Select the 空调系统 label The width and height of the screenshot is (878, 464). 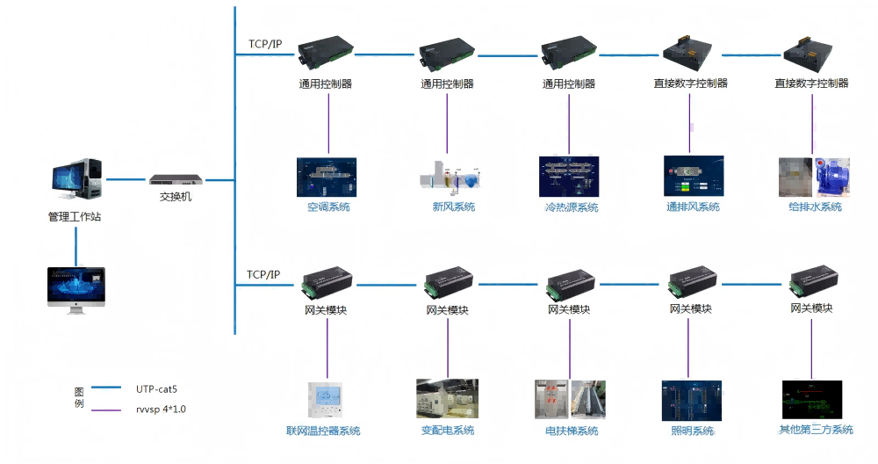tap(328, 207)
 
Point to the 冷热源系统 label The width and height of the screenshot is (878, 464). tap(571, 207)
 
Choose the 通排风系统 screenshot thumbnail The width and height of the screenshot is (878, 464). tap(693, 177)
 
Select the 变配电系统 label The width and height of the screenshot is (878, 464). tap(448, 431)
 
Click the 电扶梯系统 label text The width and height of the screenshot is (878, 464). tap(572, 431)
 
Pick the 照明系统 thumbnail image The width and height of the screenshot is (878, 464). tap(691, 400)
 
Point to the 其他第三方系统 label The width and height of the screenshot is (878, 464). tap(816, 430)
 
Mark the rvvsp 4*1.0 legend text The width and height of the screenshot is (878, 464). tap(161, 409)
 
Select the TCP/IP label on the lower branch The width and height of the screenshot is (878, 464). tap(263, 275)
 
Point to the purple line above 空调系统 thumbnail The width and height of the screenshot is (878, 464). tap(328, 123)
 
